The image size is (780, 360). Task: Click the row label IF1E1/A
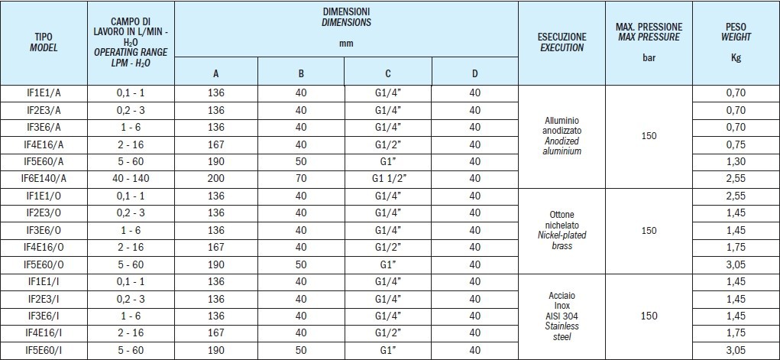[x=43, y=92]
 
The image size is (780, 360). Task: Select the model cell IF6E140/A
[x=43, y=178]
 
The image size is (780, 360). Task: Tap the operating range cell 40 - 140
[x=130, y=178]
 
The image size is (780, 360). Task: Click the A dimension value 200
[x=215, y=178]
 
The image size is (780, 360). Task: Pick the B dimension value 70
[x=301, y=178]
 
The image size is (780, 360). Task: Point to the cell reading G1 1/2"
[x=388, y=178]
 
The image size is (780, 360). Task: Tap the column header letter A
[x=215, y=73]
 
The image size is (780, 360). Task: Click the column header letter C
[x=388, y=73]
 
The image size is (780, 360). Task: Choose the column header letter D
[x=474, y=73]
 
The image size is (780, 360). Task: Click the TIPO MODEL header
[x=43, y=41]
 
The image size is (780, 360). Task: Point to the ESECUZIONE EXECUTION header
[x=562, y=41]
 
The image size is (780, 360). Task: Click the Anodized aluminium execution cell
[x=562, y=135]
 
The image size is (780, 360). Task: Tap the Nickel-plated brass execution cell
[x=562, y=230]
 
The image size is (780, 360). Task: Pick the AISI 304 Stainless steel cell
[x=562, y=316]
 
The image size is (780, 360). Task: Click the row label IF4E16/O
[x=43, y=247]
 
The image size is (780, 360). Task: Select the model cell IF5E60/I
[x=43, y=350]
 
